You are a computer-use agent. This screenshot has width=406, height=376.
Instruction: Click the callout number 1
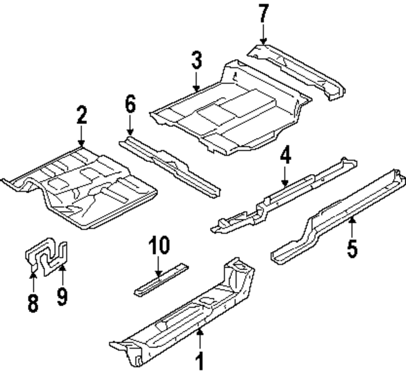point(200,361)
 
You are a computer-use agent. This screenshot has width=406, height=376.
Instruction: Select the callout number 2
point(81,117)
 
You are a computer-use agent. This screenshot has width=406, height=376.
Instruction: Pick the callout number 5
point(351,246)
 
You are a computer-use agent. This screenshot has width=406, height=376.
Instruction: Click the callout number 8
point(33,302)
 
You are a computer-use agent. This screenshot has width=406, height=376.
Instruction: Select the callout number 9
point(62,297)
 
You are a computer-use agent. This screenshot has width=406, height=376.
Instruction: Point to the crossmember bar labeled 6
point(171,164)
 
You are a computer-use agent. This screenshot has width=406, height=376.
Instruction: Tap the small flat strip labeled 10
point(161,279)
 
